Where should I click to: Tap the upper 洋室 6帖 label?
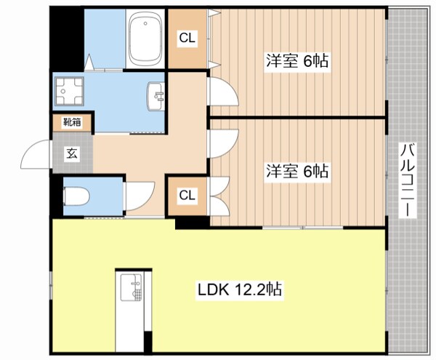(296, 62)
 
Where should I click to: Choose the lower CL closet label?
(187, 195)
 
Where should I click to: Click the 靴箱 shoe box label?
(71, 122)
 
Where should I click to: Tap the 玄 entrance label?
(72, 153)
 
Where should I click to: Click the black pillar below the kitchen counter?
(148, 342)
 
